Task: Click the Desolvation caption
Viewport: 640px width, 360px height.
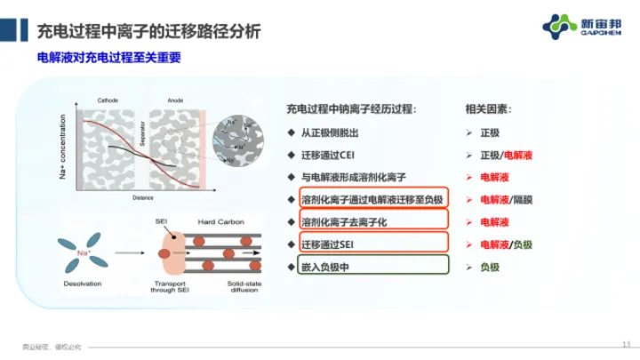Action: (x=81, y=284)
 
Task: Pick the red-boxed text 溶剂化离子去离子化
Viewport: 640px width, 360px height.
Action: (x=346, y=221)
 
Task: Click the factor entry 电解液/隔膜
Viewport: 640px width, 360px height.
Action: (x=508, y=199)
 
